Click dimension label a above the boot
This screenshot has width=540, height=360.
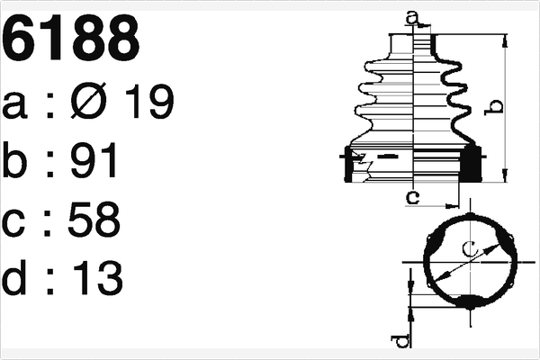412,16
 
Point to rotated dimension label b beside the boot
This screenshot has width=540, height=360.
492,107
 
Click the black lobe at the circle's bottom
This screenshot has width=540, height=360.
468,301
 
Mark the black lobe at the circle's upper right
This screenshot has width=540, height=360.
506,241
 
